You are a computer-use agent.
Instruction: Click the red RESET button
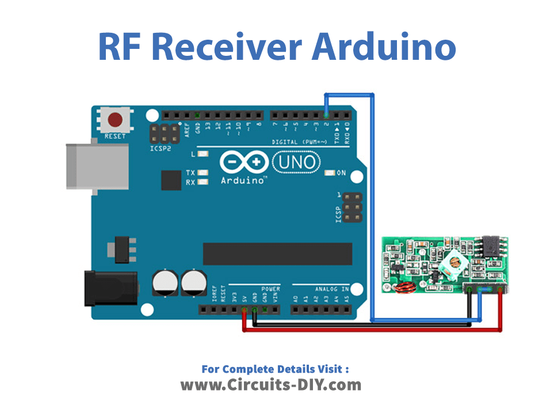coord(116,120)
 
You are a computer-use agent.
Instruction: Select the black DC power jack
coord(109,286)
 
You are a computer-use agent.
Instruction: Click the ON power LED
coord(330,173)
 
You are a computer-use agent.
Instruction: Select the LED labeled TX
coord(203,173)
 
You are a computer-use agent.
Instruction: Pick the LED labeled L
coord(203,154)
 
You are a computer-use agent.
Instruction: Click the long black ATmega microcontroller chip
coord(277,254)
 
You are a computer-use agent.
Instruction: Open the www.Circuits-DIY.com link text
coord(271,384)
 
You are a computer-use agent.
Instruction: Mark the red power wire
coord(368,330)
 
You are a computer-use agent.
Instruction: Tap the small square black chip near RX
coord(171,180)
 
